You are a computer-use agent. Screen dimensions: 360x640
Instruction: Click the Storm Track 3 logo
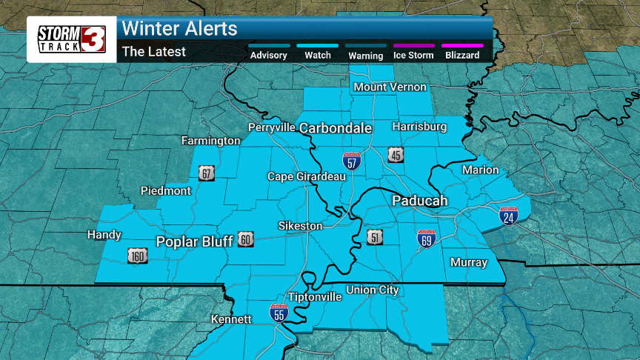tap(72, 39)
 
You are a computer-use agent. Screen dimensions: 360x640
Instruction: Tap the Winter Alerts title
tap(179, 29)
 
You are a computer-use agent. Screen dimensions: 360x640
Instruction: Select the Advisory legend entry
tap(268, 55)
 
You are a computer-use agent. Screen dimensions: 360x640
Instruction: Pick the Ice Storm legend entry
tap(414, 55)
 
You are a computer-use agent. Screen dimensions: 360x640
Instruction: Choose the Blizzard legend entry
tap(462, 55)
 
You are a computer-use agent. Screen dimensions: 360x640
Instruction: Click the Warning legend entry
tap(366, 55)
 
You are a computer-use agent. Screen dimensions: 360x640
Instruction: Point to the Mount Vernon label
tap(390, 87)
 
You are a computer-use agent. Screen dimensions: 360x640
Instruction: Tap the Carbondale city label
tap(335, 128)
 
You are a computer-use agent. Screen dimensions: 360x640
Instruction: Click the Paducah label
tap(419, 201)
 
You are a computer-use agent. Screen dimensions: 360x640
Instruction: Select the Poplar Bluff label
tap(195, 241)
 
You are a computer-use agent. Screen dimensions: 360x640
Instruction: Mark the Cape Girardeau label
tap(296, 176)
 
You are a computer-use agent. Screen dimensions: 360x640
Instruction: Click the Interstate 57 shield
tap(352, 161)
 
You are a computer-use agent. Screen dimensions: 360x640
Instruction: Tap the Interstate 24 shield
tap(508, 216)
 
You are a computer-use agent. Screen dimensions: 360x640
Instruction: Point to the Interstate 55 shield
tap(279, 313)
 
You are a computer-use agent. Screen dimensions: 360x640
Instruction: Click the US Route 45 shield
tap(396, 154)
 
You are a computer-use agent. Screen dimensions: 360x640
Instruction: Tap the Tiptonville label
tap(315, 296)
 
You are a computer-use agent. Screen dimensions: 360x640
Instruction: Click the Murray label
tap(469, 262)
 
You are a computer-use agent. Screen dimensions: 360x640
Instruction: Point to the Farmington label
tap(211, 140)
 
